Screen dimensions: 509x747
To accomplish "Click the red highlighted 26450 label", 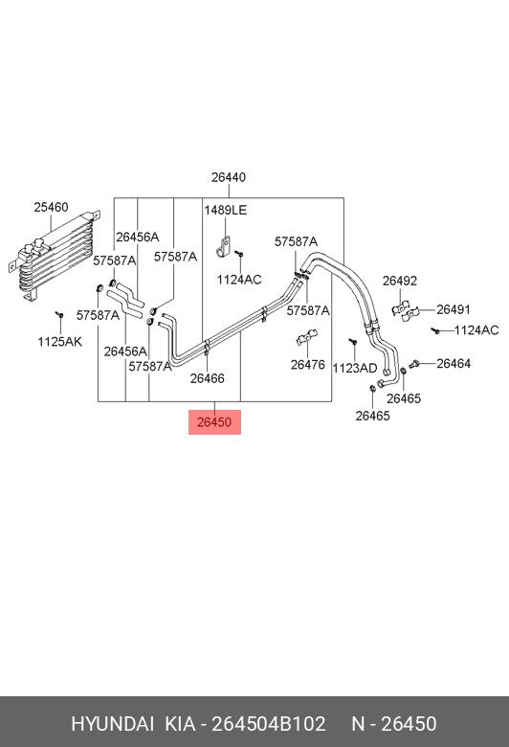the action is click(x=214, y=422).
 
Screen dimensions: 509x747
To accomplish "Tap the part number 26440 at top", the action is click(x=229, y=177).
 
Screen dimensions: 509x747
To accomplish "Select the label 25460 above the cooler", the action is click(x=51, y=207).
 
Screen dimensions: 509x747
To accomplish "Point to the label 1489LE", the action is click(x=226, y=210).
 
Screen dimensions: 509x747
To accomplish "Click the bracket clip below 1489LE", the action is click(x=224, y=245).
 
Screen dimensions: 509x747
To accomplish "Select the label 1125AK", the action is click(x=60, y=342).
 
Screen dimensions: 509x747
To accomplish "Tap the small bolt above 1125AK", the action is click(x=59, y=315).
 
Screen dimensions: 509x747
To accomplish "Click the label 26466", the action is click(x=207, y=378).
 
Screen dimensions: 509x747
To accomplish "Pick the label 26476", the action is click(x=307, y=365).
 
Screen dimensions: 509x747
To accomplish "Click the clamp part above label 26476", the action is click(x=306, y=337).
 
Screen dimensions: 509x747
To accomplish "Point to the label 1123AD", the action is click(x=355, y=369).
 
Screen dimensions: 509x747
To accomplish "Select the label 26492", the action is click(x=400, y=281).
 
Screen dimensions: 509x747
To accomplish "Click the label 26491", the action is click(x=454, y=309).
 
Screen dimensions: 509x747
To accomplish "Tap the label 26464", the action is click(x=454, y=364).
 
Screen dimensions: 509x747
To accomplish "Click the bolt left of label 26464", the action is click(x=413, y=365).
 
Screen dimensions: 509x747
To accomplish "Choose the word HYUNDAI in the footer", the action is click(x=112, y=724).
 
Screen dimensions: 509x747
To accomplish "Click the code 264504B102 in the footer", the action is click(x=269, y=724).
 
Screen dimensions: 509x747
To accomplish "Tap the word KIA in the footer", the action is click(x=181, y=724).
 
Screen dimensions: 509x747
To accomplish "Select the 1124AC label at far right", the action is click(x=476, y=330).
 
